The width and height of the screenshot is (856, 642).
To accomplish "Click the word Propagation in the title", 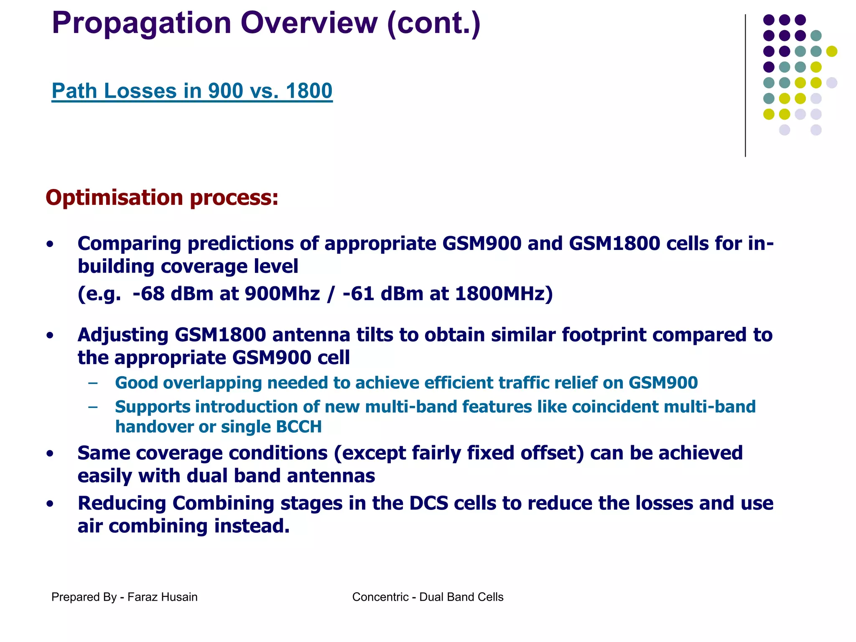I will tap(141, 23).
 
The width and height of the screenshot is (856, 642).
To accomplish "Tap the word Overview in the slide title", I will tap(309, 23).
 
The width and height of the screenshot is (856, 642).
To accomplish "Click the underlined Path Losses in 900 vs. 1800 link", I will tap(192, 91).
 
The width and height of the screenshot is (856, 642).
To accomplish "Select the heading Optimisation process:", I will tap(162, 197).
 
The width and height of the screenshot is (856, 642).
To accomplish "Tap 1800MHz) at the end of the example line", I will tap(504, 293).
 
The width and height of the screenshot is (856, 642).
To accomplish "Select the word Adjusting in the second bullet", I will tap(123, 335).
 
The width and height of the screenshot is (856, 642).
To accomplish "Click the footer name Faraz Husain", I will tap(162, 597).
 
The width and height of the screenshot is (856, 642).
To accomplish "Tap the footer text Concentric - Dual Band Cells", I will tap(428, 597).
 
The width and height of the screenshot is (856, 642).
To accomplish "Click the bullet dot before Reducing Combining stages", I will tap(50, 504).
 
